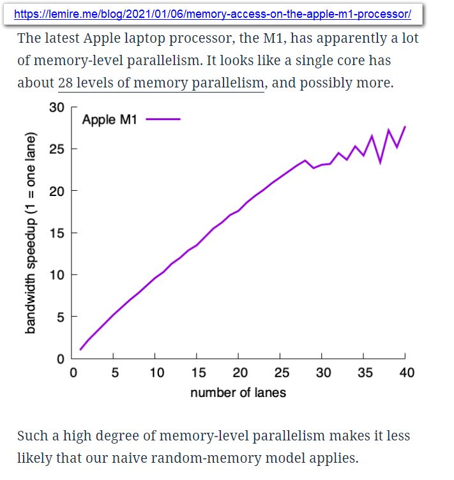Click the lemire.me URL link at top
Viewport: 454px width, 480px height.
(x=212, y=13)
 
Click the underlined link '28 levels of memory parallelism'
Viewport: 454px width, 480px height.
(x=161, y=83)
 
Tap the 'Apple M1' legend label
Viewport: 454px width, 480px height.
(x=109, y=119)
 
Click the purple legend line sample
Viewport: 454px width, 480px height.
(x=163, y=119)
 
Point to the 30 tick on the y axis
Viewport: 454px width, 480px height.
(x=57, y=107)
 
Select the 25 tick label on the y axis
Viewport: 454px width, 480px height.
(x=57, y=149)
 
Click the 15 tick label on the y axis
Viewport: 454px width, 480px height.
(x=57, y=233)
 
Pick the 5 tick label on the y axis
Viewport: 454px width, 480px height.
(x=60, y=317)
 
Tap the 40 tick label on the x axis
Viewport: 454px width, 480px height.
(x=406, y=373)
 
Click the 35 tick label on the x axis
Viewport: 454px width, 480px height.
(x=365, y=373)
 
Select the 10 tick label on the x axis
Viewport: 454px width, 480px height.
(x=156, y=373)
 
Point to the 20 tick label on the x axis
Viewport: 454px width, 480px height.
(x=239, y=373)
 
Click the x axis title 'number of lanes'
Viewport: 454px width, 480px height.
(x=238, y=393)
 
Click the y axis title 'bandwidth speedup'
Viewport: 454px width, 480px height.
(x=30, y=233)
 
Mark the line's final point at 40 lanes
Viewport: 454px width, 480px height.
(x=405, y=126)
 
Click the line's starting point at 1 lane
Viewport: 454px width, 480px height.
(x=80, y=349)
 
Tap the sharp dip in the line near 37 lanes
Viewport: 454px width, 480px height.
(x=381, y=163)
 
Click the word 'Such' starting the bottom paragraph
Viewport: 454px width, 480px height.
(x=32, y=436)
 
